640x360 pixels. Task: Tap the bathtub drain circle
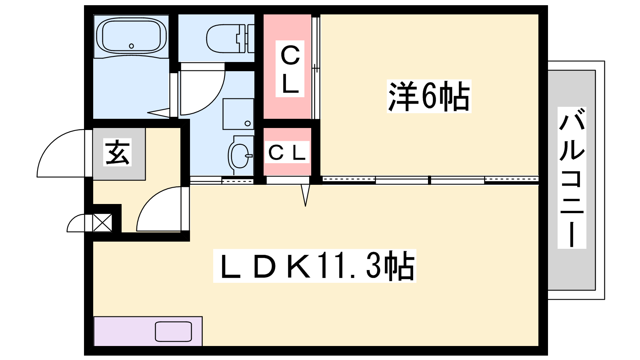[x=132, y=46]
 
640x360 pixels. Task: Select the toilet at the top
[x=230, y=38]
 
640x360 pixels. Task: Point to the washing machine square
[x=238, y=114]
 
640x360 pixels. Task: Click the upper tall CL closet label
[x=290, y=69]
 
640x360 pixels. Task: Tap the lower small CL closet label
[x=287, y=152]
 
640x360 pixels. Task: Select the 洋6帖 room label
[x=429, y=96]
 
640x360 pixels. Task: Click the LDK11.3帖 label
[x=314, y=266]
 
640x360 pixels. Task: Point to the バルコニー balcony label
[x=572, y=178]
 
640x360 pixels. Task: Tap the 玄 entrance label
[x=117, y=152]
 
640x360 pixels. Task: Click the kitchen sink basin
[x=174, y=332]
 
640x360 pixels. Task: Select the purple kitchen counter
[x=148, y=331]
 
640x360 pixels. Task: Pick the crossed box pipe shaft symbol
[x=102, y=222]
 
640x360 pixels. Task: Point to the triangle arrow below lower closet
[x=306, y=196]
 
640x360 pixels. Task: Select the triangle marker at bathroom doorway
[x=159, y=112]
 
